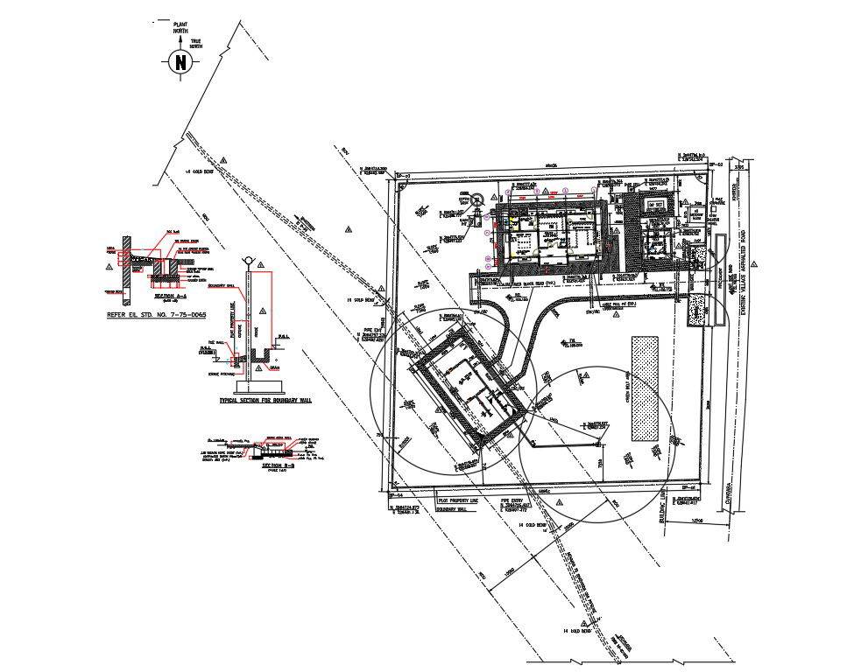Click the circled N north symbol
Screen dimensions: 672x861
click(x=180, y=62)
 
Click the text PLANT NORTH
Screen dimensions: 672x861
click(x=180, y=28)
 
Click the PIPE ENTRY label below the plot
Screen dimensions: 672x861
click(x=512, y=501)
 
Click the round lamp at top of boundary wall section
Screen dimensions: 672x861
click(x=248, y=260)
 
